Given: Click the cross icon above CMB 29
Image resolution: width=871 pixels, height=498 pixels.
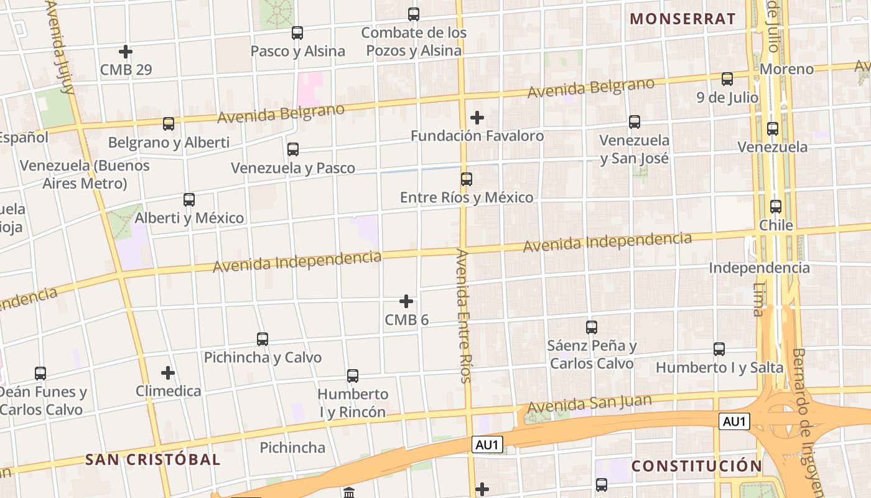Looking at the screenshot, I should [126, 52].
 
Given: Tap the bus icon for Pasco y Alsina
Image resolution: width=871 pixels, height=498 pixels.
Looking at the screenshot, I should [297, 33].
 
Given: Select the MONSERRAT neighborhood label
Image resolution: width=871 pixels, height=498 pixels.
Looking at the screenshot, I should [683, 19].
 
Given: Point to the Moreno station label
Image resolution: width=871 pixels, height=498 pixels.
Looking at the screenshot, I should [786, 69].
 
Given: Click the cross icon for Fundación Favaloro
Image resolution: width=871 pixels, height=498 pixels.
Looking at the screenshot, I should [477, 118].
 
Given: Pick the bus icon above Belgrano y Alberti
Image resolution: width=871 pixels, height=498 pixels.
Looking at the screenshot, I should [169, 124].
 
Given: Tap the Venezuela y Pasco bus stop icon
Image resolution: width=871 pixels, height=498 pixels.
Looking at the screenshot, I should [293, 149].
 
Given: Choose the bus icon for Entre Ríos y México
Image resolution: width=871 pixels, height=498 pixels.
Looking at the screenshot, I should [467, 179].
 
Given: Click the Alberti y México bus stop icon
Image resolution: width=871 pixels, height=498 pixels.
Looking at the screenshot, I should [189, 200].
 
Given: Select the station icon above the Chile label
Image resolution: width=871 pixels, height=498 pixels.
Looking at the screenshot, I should [776, 207].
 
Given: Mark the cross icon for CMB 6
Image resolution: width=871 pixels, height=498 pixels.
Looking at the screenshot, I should [406, 302].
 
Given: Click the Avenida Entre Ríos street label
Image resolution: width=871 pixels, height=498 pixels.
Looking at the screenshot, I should [464, 316].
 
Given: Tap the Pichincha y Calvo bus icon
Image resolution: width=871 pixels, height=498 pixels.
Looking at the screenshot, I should [263, 339].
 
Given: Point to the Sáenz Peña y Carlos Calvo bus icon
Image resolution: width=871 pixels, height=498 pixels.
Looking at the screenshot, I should [592, 327].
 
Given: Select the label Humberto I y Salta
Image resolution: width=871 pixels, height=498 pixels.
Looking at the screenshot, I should [719, 367].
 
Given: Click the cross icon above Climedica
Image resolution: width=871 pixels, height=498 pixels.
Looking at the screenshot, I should [168, 374].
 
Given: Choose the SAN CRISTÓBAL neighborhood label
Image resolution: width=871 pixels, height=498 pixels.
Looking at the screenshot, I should [152, 460].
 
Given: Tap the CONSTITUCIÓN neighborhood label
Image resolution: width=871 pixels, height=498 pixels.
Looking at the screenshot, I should [696, 466].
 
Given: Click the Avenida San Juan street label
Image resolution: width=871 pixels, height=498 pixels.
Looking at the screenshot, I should [589, 403].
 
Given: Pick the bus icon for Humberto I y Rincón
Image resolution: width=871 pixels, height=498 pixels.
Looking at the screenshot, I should [353, 376].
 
